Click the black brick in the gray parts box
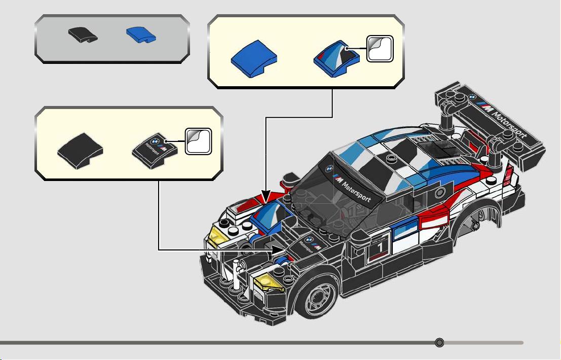coord(83,34)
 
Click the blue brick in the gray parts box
coord(141,34)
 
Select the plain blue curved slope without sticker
coord(254,59)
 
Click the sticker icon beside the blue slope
coord(380,49)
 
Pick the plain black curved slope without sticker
coord(80,151)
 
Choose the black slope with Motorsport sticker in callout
coord(155,151)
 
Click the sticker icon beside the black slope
coord(198,141)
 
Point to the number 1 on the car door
coord(380,247)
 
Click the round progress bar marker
coord(439,342)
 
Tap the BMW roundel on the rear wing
coord(472,96)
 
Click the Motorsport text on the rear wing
coord(509,124)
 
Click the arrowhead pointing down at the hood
coord(266,196)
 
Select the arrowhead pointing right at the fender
coord(279,249)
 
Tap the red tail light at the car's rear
coord(508,176)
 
